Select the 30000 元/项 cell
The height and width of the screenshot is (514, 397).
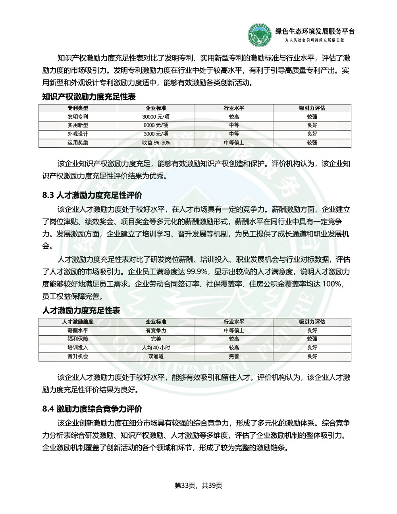pos(156,117)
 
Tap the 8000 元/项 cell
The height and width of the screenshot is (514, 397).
pos(156,126)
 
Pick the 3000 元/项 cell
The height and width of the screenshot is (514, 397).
pos(156,134)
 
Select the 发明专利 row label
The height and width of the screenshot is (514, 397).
pos(78,117)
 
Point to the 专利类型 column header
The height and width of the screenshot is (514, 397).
pos(78,108)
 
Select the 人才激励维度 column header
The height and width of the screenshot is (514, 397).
pos(78,322)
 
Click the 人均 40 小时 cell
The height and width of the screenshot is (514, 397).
pos(156,348)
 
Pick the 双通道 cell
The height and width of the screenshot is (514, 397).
pos(156,357)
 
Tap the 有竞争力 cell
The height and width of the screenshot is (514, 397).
pos(156,330)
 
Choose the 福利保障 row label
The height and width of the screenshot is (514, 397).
pos(78,339)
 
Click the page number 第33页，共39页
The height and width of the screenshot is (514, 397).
pos(198,485)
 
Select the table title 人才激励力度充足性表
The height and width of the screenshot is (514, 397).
pos(81,310)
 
